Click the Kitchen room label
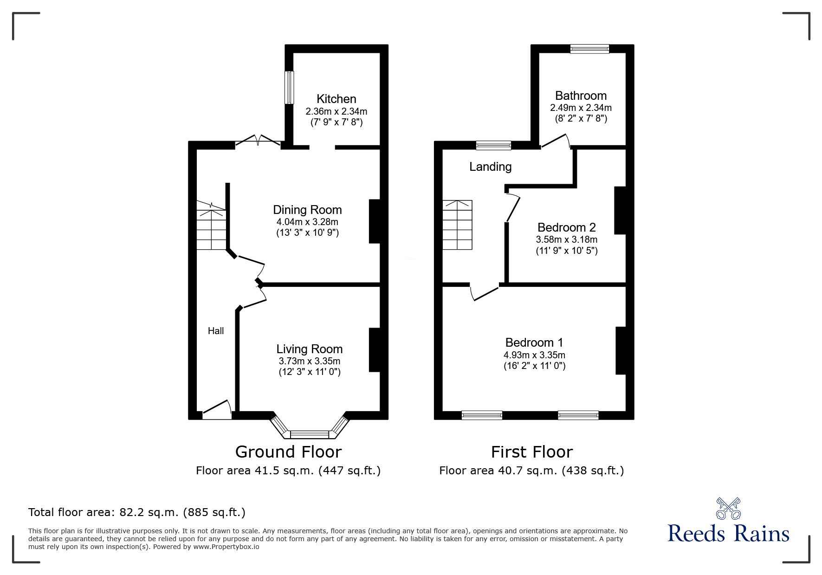[x=336, y=99]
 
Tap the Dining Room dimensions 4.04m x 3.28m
[x=307, y=222]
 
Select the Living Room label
[x=309, y=349]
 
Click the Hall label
[x=216, y=331]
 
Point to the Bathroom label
[x=581, y=96]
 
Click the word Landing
[x=490, y=167]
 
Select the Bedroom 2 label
[x=566, y=227]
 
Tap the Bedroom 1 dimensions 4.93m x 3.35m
[x=534, y=355]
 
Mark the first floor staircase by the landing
[x=457, y=225]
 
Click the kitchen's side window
[x=290, y=87]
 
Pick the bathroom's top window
[x=589, y=48]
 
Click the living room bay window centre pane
[x=309, y=434]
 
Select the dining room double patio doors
[x=258, y=141]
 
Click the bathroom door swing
[x=556, y=141]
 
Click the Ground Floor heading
[x=288, y=452]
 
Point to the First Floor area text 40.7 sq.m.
[x=531, y=471]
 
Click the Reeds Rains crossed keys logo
[x=728, y=508]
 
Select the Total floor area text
[x=137, y=512]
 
